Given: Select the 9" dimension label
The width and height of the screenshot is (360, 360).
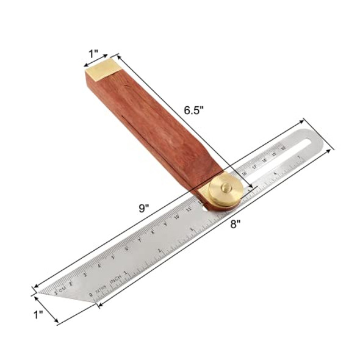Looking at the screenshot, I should coord(144,207).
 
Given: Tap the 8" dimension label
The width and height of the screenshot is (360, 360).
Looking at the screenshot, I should coord(235,223).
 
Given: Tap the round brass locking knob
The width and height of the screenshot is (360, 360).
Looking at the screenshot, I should coord(225,190).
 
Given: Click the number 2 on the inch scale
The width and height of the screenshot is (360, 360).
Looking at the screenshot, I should coord(192,230).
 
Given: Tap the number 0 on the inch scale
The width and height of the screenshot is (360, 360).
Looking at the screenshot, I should coord(90,295).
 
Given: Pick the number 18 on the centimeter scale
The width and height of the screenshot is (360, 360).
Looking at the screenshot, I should coord(263,159).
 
